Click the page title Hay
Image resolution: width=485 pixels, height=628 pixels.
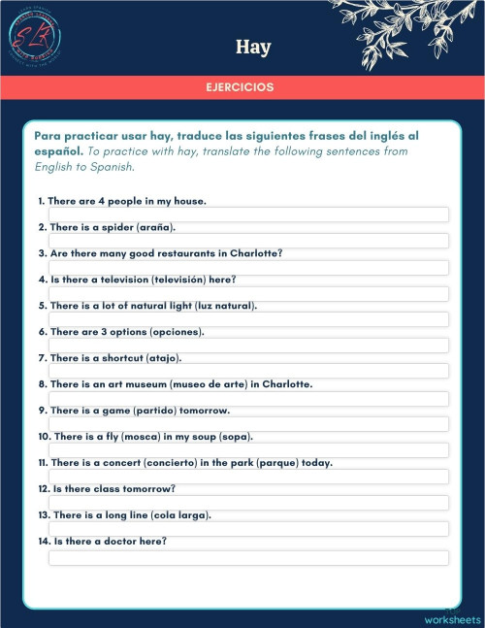pos(252,47)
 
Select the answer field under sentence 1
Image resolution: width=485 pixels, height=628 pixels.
pos(248,215)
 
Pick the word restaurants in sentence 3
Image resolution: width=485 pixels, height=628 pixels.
pos(180,253)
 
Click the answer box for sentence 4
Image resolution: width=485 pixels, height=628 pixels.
pos(248,293)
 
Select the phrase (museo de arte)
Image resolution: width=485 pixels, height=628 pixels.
pos(207,384)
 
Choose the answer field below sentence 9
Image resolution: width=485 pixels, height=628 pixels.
pos(248,424)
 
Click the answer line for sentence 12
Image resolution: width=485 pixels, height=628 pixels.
pos(248,503)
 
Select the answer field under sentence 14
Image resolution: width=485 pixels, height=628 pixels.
pos(248,557)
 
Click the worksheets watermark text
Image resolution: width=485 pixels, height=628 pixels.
pos(452,619)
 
